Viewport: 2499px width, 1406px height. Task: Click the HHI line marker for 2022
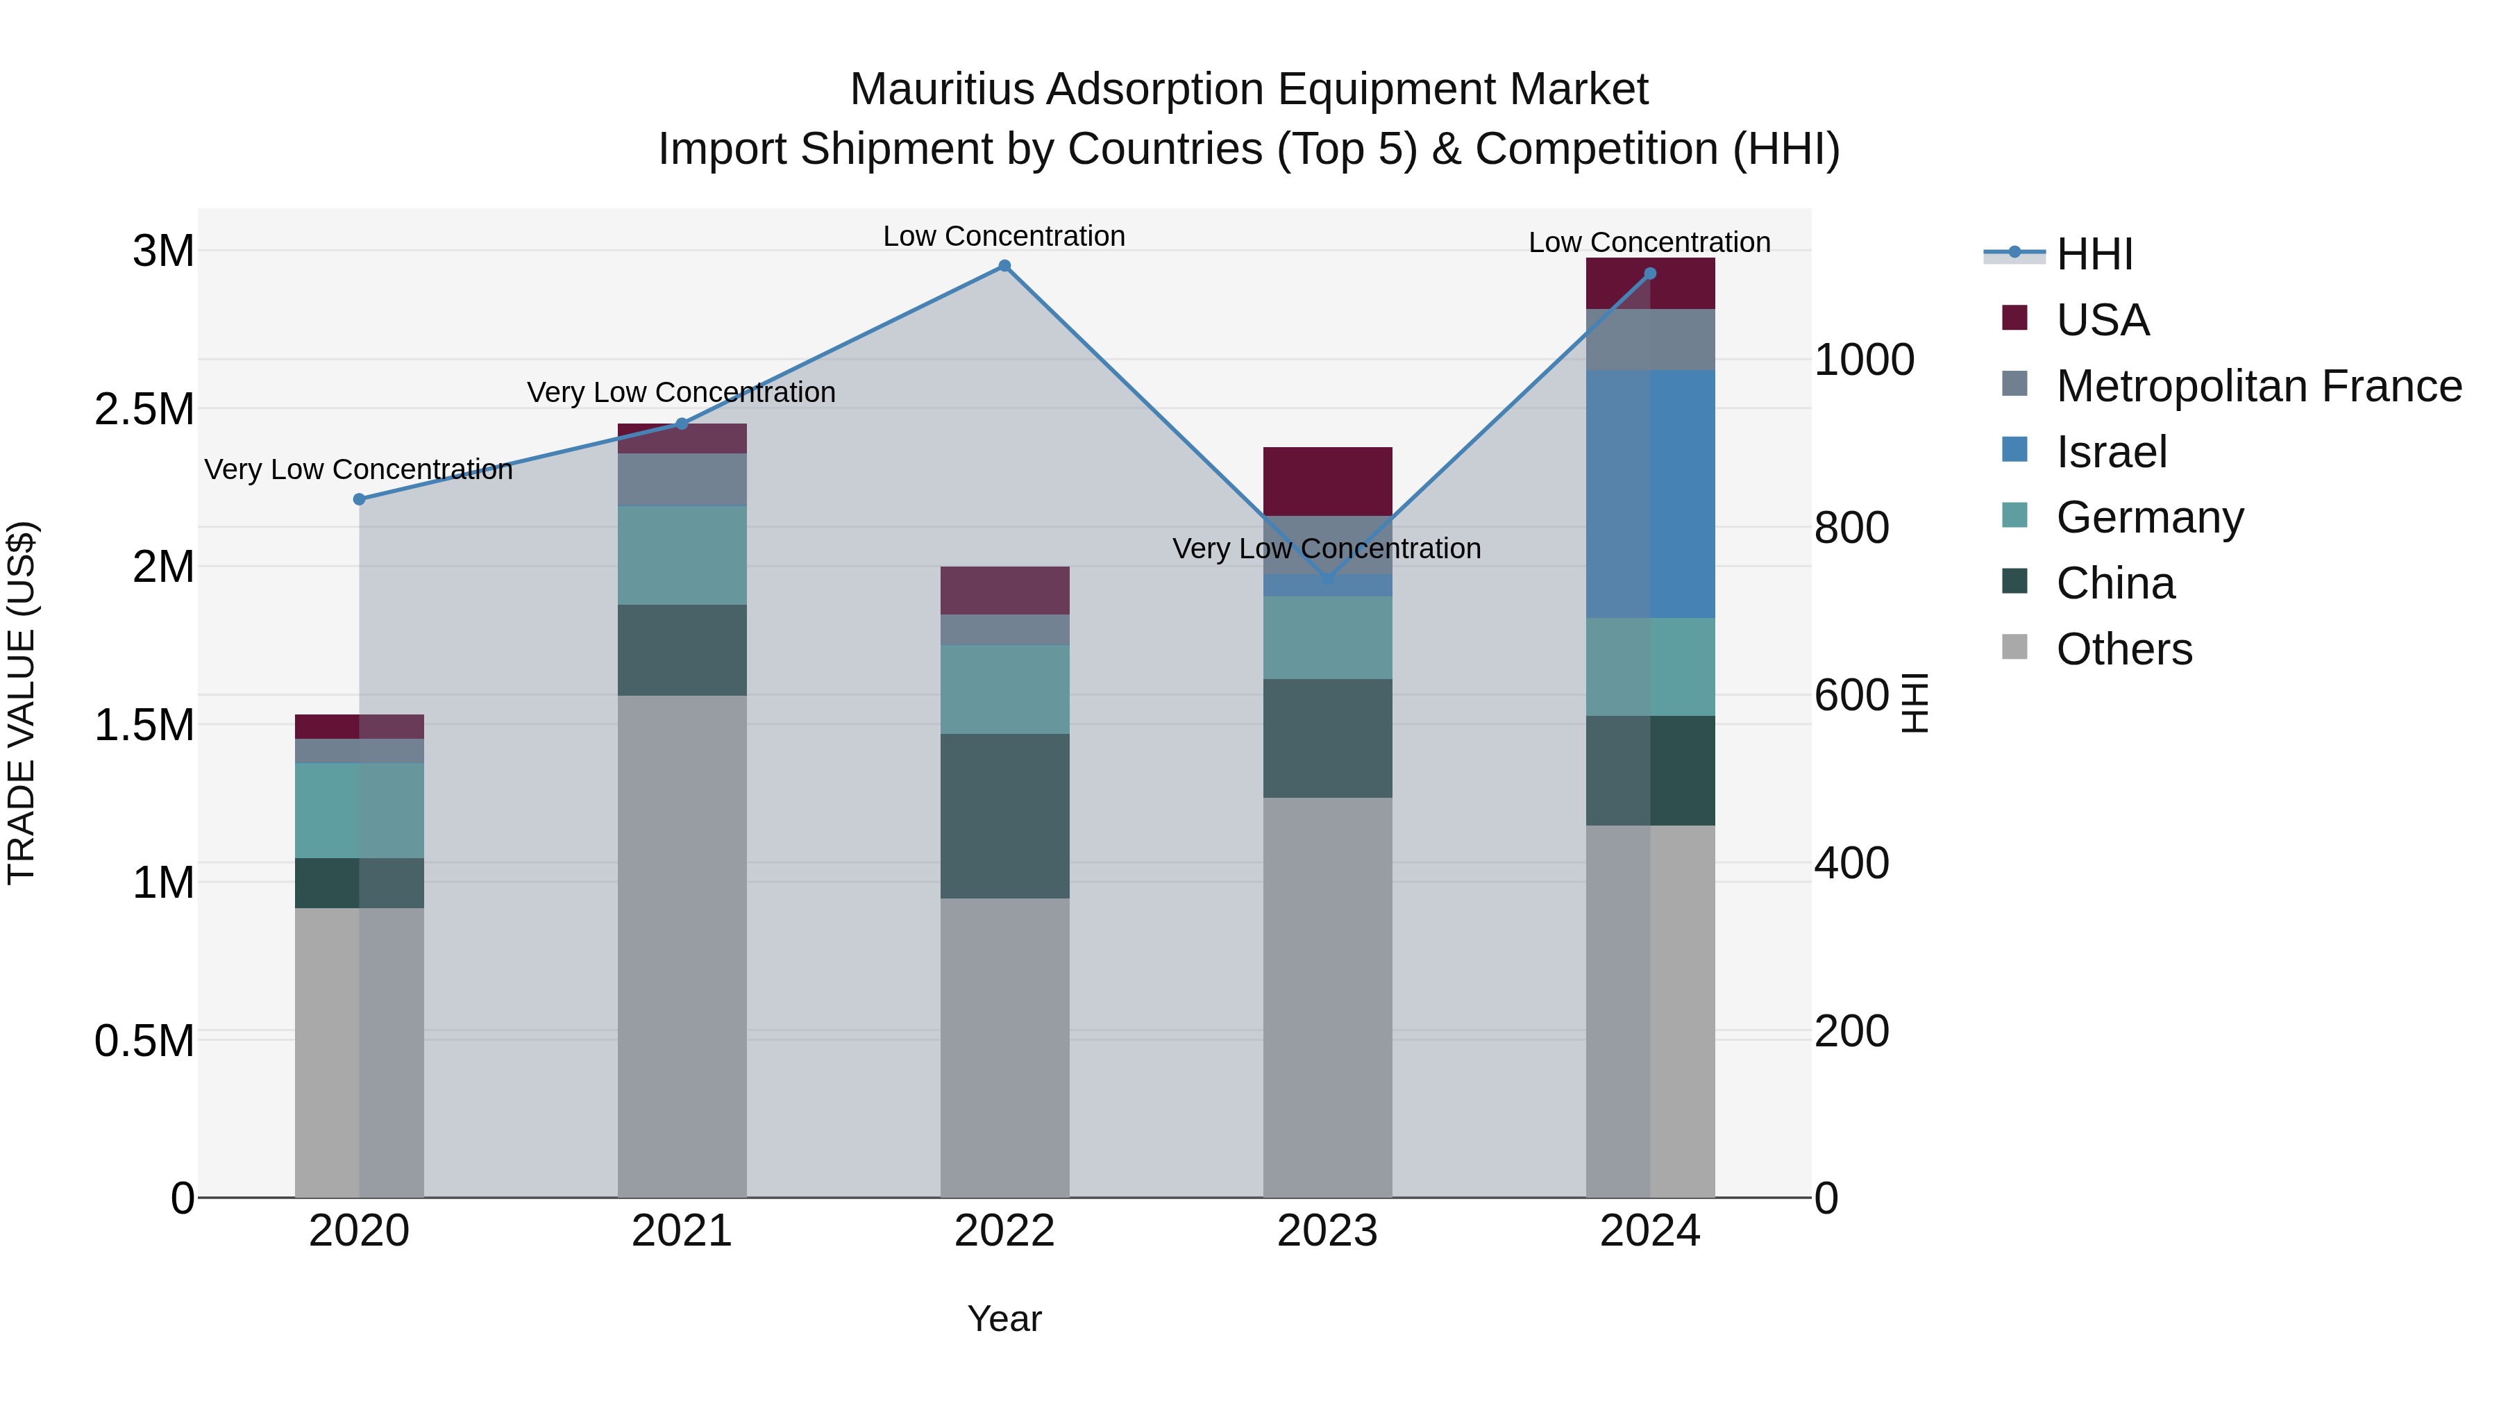pyautogui.click(x=1004, y=266)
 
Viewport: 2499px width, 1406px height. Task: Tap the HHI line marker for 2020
pyautogui.click(x=359, y=499)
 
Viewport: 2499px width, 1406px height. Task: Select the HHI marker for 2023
pyautogui.click(x=1328, y=579)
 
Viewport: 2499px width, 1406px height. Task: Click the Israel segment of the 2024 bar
pyautogui.click(x=1650, y=493)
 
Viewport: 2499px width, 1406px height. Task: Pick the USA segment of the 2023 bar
pyautogui.click(x=1327, y=481)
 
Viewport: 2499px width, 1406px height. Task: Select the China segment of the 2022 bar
pyautogui.click(x=1004, y=815)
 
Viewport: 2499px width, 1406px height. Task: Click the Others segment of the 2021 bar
pyautogui.click(x=682, y=946)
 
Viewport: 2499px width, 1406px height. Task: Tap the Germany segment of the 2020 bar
pyautogui.click(x=359, y=810)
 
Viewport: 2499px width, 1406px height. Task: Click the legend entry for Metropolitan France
pyautogui.click(x=2258, y=386)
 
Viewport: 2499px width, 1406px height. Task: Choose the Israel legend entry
pyautogui.click(x=2111, y=452)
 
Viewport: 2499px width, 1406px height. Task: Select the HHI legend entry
pyautogui.click(x=2094, y=254)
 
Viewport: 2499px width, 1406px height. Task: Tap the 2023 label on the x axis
pyautogui.click(x=1327, y=1231)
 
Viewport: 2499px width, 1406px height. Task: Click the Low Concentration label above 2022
pyautogui.click(x=1004, y=236)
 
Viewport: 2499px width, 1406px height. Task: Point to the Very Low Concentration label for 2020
pyautogui.click(x=358, y=469)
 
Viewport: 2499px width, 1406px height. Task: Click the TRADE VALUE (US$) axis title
pyautogui.click(x=22, y=703)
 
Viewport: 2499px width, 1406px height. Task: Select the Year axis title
pyautogui.click(x=1004, y=1319)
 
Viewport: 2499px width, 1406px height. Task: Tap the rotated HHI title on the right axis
pyautogui.click(x=1914, y=703)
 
